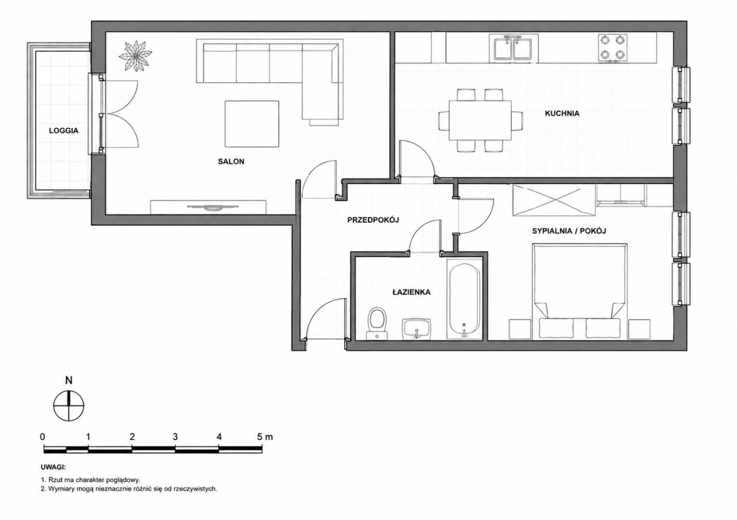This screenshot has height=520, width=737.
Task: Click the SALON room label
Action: pos(231,162)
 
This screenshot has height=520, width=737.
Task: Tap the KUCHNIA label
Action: pos(562,113)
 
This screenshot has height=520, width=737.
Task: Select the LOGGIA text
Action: pos(63,131)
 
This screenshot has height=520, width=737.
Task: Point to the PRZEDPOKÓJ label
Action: pos(373,220)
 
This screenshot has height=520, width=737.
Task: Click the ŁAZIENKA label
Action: pos(412,292)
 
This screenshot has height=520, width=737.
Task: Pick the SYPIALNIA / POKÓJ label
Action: pos(569,231)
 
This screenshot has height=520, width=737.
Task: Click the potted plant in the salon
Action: pos(135,55)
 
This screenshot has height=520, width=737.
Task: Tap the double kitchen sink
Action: pos(514,49)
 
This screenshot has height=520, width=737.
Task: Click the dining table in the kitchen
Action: pos(480,120)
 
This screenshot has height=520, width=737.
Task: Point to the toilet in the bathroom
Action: pos(377,323)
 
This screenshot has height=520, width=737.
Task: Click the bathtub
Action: pos(464,301)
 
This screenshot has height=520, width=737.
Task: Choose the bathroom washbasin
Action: pos(416,328)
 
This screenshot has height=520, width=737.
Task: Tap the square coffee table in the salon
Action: pos(252,124)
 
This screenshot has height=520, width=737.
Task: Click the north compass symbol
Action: pos(69,406)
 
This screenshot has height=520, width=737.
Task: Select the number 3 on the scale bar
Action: pos(175,437)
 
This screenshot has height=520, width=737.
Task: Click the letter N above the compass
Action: pos(69,381)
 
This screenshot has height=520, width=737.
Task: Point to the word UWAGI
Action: pos(54,467)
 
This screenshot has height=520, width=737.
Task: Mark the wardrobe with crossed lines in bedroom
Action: pos(554,200)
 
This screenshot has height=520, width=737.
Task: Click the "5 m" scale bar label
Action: pos(265,437)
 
